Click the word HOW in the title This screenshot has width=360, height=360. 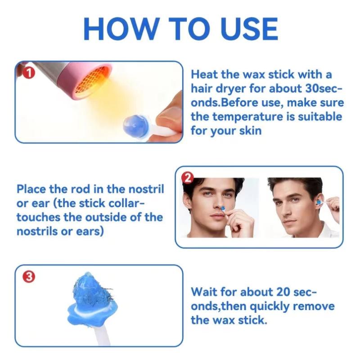pos(121,29)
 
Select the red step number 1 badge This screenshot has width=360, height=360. pos(29,73)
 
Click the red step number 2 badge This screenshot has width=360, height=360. pos(187,178)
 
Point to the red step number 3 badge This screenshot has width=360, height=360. pos(29,277)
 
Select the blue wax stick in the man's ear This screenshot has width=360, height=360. pos(319,202)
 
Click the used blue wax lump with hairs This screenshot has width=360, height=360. pos(92,298)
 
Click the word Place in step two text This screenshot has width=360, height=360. pos(31,189)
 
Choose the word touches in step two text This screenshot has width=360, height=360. pos(38,217)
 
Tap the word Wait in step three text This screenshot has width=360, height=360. pos(204,292)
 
